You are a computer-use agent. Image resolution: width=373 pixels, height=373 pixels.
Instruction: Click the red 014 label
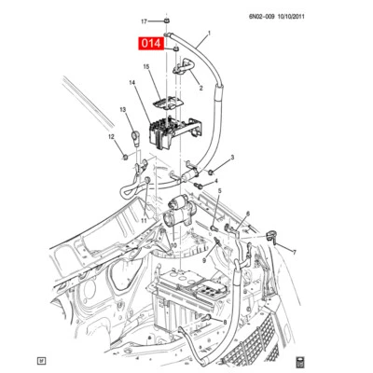pyautogui.click(x=150, y=44)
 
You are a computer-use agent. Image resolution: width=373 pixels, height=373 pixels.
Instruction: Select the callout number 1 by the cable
pyautogui.click(x=208, y=34)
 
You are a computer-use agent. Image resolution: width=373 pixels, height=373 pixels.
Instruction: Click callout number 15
pyautogui.click(x=145, y=67)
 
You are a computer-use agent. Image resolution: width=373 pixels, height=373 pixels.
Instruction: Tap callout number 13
pyautogui.click(x=121, y=110)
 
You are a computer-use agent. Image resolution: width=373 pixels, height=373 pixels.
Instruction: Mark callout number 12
pyautogui.click(x=110, y=138)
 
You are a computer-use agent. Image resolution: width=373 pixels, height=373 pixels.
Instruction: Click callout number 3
pyautogui.click(x=232, y=158)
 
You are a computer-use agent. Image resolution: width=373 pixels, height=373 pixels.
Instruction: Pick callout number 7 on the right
pyautogui.click(x=292, y=253)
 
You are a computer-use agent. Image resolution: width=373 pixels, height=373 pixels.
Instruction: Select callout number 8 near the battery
pyautogui.click(x=224, y=320)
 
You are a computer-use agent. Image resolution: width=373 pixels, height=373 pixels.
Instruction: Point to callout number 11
pyautogui.click(x=144, y=220)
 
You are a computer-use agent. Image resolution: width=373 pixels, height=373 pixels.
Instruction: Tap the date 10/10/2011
pyautogui.click(x=339, y=15)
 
